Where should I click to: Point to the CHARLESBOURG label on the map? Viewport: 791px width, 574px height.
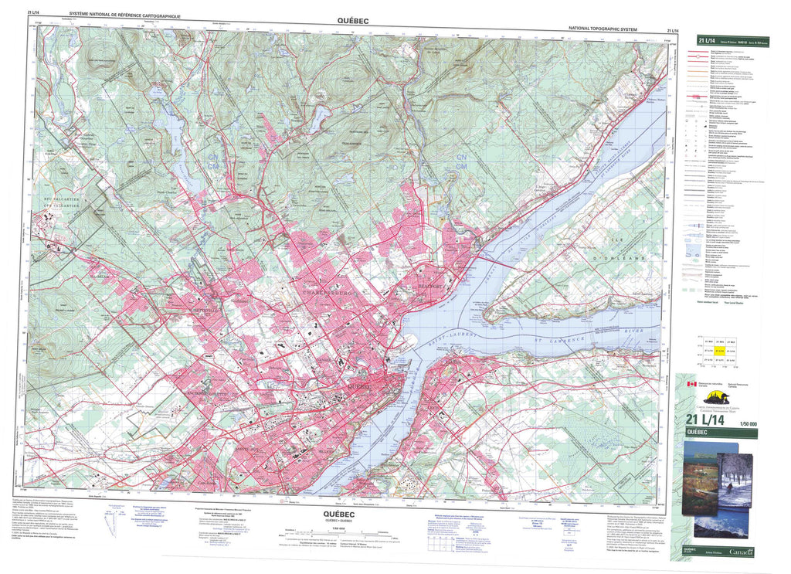pos(322,294)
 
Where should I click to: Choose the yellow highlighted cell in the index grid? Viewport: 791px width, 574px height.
pos(719,351)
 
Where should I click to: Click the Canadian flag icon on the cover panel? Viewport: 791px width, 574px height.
pos(680,382)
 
